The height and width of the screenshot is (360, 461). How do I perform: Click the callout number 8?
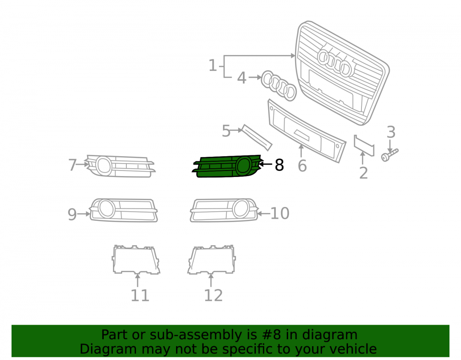point(279,165)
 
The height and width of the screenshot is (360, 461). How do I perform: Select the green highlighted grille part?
point(226,166)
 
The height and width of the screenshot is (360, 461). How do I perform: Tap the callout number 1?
point(213,65)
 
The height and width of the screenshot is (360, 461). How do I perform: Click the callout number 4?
point(242,78)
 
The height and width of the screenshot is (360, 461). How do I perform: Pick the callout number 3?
point(391,132)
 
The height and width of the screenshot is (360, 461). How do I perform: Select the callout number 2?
point(364,173)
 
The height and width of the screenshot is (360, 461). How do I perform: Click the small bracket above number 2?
point(364,146)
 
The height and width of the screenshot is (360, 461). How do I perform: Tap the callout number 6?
point(302,166)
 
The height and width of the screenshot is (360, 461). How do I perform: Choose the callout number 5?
point(226,131)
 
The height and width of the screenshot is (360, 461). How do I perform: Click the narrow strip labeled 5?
point(256,137)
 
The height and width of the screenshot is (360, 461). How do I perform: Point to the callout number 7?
point(73,165)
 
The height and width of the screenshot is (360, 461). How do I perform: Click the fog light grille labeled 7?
point(120,166)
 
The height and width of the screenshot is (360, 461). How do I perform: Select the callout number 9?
point(72,214)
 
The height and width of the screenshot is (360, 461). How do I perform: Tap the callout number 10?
point(280,213)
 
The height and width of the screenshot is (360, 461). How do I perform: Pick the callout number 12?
point(213,295)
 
